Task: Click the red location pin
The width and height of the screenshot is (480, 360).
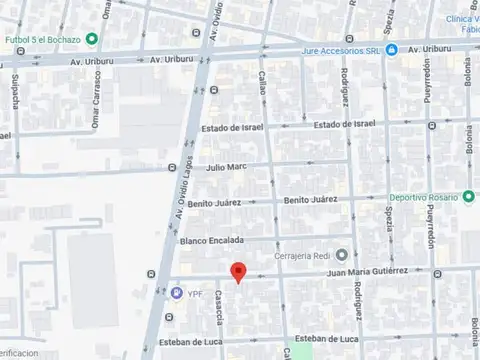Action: coord(237,271)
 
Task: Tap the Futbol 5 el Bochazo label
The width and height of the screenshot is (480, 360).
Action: coord(41,39)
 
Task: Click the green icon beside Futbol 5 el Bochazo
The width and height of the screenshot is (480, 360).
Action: coord(92,39)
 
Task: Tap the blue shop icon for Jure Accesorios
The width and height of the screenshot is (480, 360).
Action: coord(393,50)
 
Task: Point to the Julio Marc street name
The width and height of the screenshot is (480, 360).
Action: coord(226,168)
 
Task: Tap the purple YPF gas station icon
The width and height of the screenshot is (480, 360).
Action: coord(177,293)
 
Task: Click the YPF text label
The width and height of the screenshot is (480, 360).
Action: coord(195,293)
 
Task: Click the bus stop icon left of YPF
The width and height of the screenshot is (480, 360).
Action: coord(151,275)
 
